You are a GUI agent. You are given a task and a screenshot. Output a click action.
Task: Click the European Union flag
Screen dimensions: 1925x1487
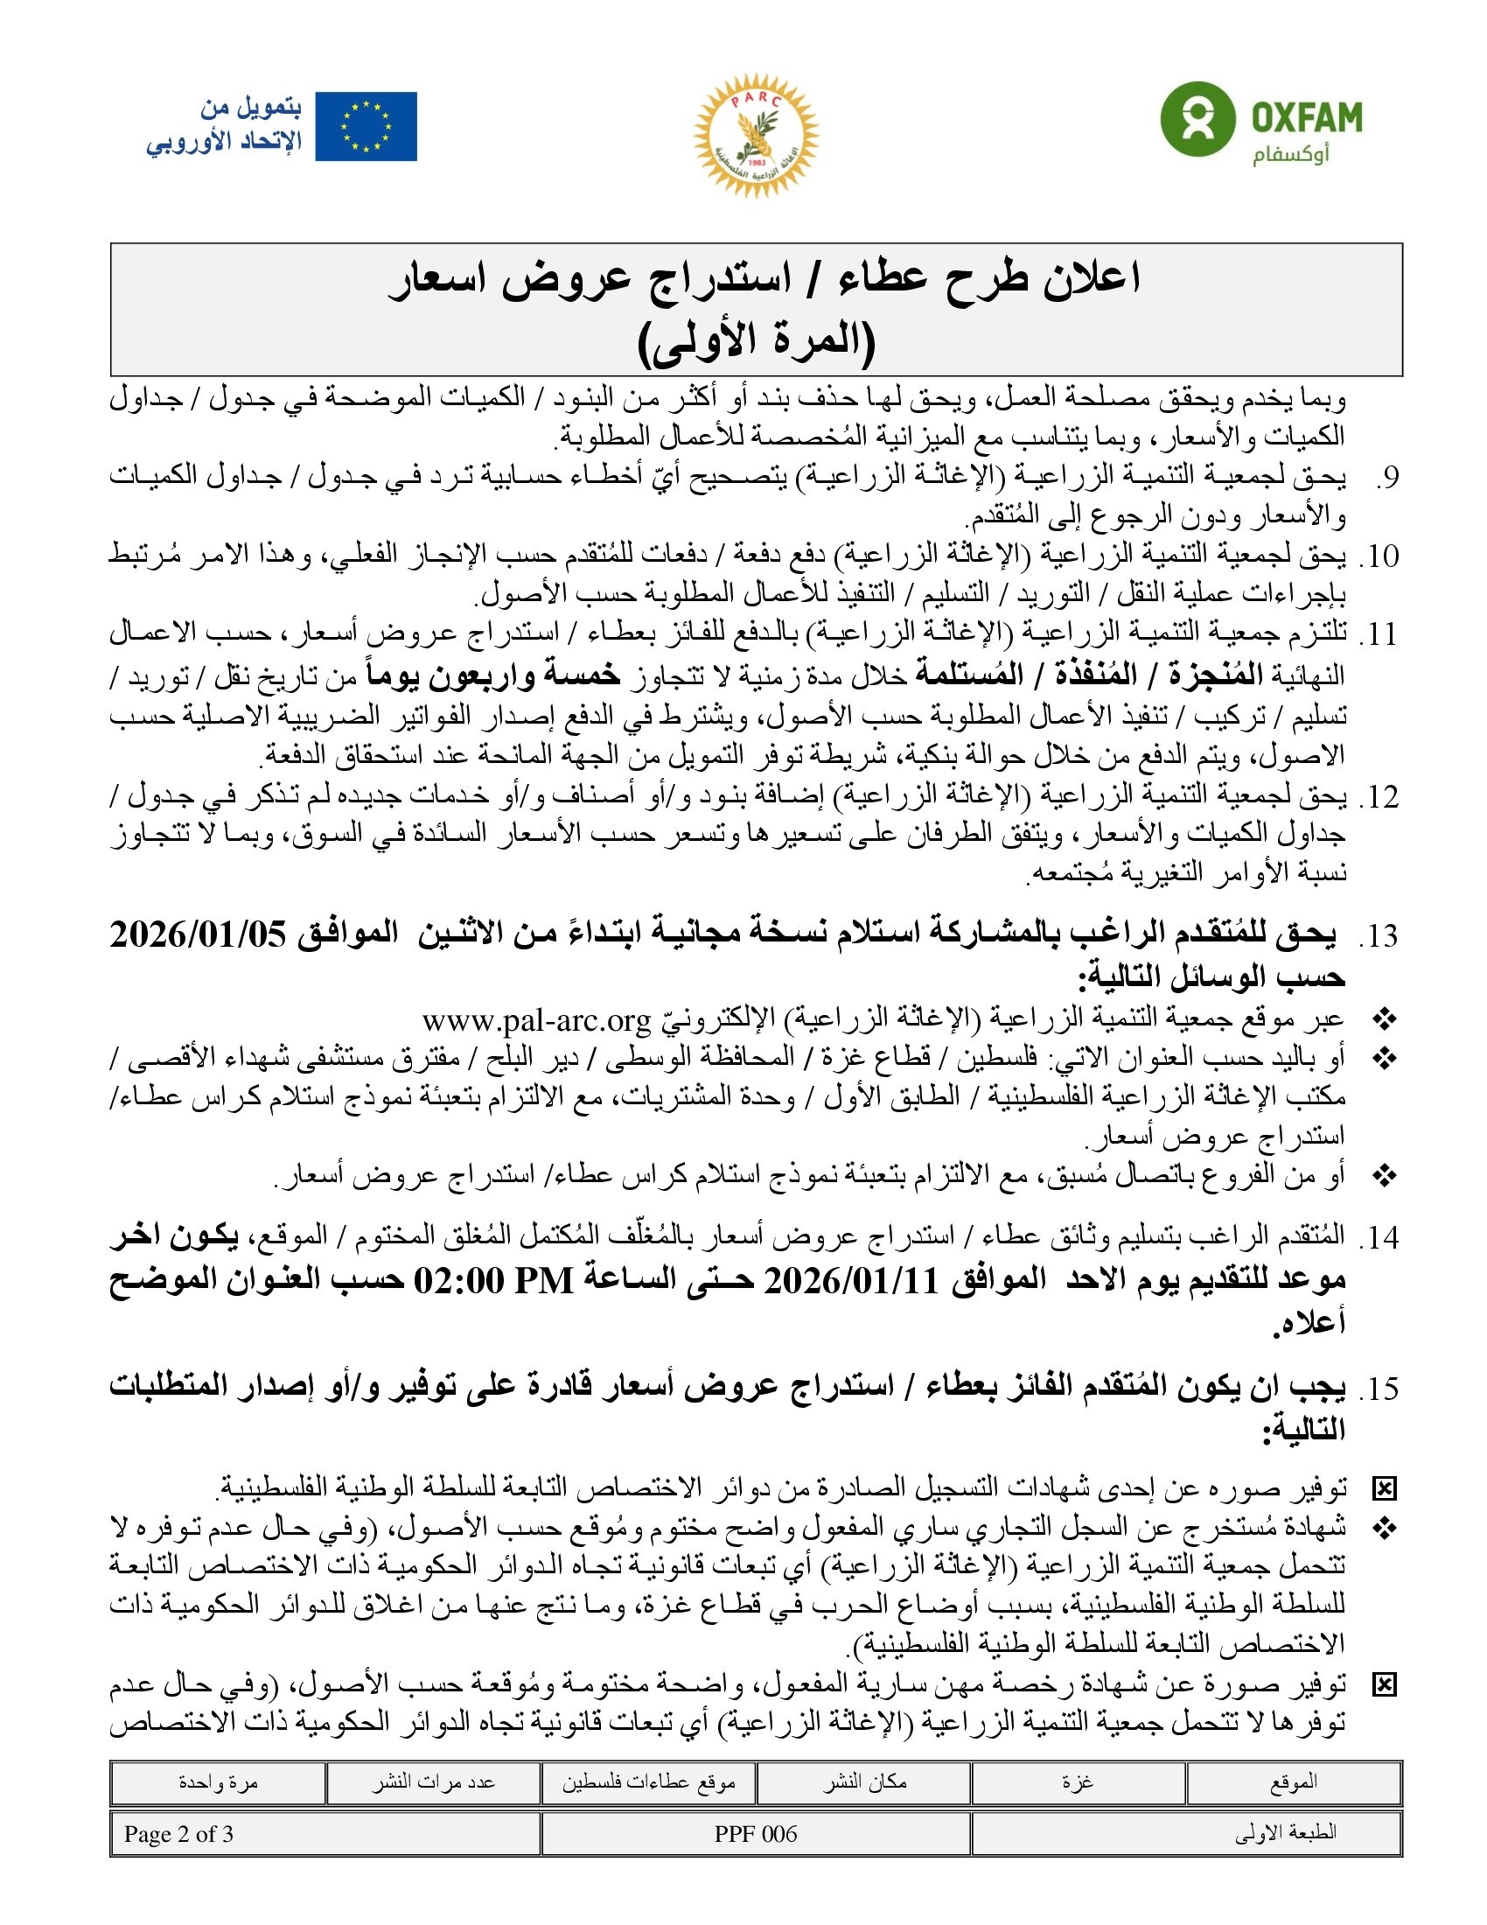(366, 127)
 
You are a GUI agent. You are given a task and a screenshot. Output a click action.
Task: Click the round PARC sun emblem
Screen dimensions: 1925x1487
(756, 135)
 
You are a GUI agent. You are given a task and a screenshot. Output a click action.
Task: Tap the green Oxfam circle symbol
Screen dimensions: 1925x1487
(1196, 118)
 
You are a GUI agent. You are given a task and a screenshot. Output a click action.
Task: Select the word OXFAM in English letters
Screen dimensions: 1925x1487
(1307, 116)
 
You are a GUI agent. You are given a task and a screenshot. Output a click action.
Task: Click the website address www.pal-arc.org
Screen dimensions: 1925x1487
(535, 1020)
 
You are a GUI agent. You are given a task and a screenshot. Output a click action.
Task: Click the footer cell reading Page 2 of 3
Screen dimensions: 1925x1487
(178, 1834)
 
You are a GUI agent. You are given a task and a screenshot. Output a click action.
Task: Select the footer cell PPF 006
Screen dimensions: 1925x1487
(756, 1834)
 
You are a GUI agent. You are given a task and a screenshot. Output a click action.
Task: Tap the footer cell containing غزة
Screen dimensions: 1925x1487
(1078, 1782)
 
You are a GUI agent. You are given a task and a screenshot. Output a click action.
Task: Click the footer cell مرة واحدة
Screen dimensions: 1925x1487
(218, 1782)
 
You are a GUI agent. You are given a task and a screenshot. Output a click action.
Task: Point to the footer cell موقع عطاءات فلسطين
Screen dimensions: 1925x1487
(649, 1782)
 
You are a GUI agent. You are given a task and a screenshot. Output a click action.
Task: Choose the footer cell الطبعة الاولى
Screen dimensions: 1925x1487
(1285, 1834)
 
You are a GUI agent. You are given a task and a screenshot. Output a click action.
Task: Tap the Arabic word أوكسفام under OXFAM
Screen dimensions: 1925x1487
(1290, 156)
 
